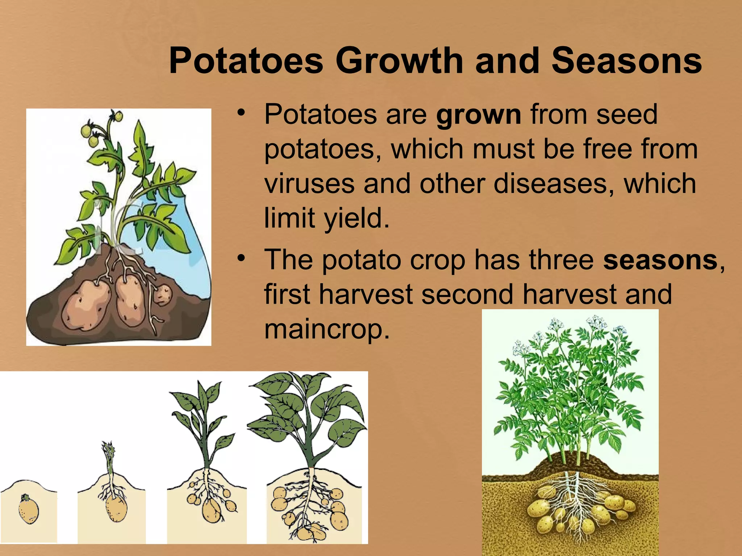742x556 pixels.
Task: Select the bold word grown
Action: pos(479,115)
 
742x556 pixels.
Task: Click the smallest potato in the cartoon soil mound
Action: pos(163,294)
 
